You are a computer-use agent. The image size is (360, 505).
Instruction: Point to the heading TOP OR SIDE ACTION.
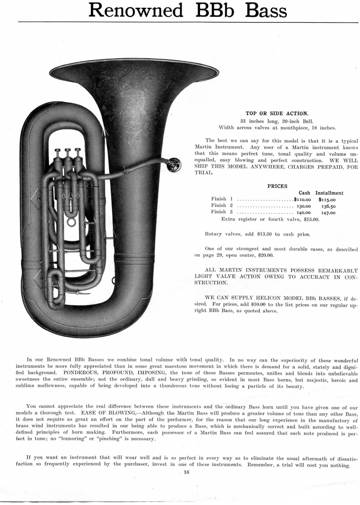(277, 113)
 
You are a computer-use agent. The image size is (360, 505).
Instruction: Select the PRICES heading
(277, 186)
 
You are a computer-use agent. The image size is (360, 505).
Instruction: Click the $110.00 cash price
(306, 199)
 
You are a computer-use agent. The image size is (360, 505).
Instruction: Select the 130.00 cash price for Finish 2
(307, 205)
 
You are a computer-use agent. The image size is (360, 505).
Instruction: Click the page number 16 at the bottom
(180, 472)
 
